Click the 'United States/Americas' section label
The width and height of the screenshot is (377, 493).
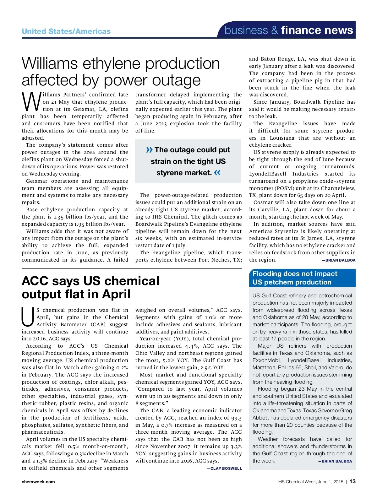(x=66, y=31)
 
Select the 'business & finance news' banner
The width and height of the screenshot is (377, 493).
(x=289, y=30)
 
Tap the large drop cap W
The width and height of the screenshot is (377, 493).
(x=31, y=102)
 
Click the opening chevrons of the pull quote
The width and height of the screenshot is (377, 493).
(x=150, y=150)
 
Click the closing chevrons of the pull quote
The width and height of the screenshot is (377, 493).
(x=217, y=173)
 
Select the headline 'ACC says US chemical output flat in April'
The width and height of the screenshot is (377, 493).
(x=90, y=287)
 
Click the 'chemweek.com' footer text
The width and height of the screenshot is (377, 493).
(x=38, y=482)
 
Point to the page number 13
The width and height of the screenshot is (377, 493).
(x=352, y=481)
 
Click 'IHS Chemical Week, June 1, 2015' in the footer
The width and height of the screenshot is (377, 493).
(x=310, y=482)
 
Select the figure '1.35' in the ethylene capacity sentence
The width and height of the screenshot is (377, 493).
(x=59, y=217)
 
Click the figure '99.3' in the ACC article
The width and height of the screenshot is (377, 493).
(x=236, y=418)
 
